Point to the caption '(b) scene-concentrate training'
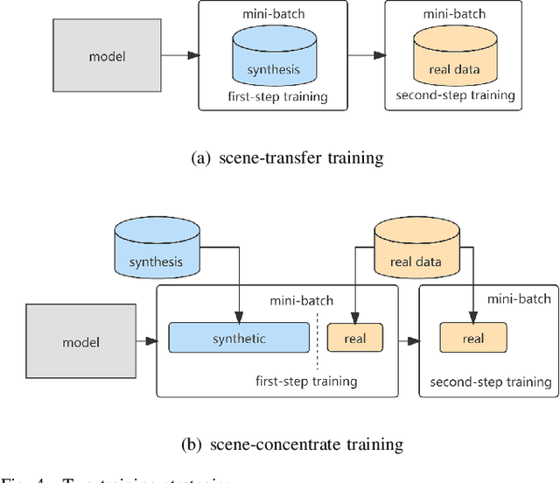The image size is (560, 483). click(x=292, y=444)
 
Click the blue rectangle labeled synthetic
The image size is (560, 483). click(x=239, y=338)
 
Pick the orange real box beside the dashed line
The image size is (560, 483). click(x=355, y=338)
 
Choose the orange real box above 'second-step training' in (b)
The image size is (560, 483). click(x=472, y=338)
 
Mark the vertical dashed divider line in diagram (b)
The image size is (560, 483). click(x=318, y=338)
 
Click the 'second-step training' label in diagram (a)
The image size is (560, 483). click(x=455, y=95)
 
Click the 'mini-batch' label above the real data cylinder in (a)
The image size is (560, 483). click(x=454, y=14)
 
